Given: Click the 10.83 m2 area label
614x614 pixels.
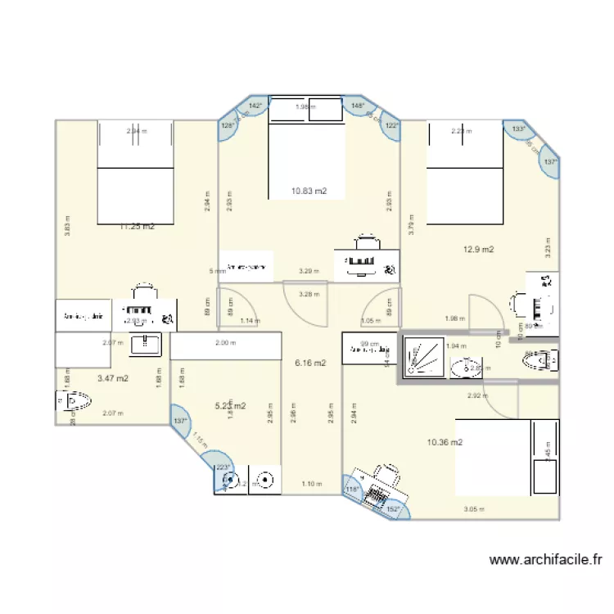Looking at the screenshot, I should (309, 191).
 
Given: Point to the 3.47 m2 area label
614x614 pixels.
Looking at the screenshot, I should (112, 378).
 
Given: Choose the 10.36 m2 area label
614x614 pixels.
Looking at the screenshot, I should (445, 442).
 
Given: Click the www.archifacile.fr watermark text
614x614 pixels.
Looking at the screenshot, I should (545, 561).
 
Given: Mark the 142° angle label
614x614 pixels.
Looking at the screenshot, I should (255, 106).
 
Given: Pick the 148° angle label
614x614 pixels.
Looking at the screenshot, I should (357, 106).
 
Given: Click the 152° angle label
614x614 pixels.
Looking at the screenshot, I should (392, 509).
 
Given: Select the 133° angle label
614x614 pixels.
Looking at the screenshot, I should (517, 129).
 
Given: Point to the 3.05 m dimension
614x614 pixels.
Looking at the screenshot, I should (474, 509).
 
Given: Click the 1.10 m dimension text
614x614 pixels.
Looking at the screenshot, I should (311, 484).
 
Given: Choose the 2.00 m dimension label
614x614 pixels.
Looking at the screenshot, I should (223, 344).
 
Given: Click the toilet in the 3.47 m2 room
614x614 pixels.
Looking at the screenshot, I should (74, 401).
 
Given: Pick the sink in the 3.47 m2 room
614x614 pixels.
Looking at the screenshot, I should (147, 342).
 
